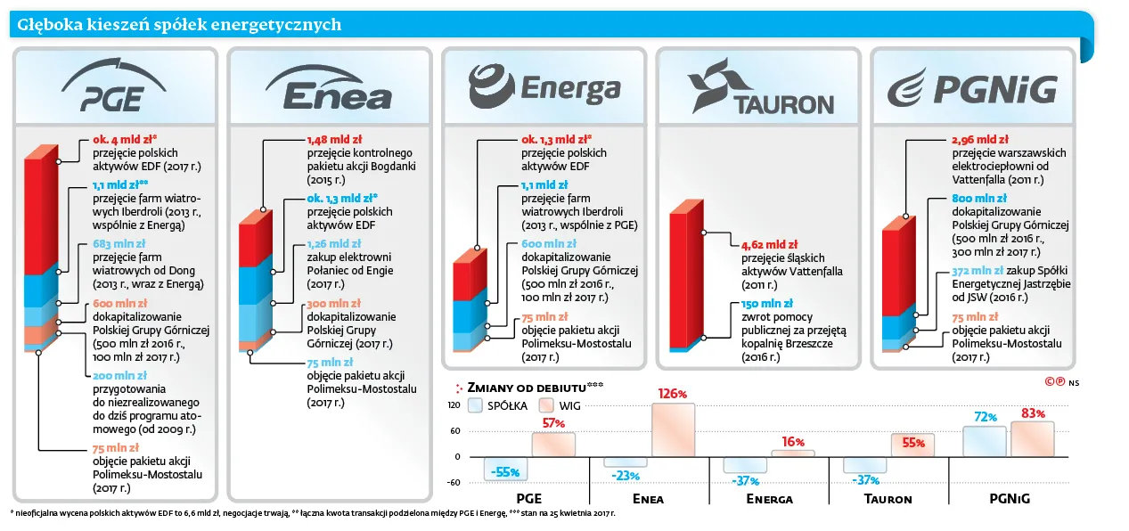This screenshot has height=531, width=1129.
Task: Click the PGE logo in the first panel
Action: tap(114, 86)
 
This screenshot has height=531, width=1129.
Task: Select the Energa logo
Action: tap(544, 86)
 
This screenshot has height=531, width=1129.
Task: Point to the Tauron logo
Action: tap(761, 86)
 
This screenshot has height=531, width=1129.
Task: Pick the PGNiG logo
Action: tap(972, 88)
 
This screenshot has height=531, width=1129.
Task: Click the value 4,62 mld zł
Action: tap(769, 245)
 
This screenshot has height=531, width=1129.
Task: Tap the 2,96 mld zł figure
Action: tap(980, 140)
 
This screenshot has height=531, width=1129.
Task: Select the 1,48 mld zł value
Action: tap(335, 140)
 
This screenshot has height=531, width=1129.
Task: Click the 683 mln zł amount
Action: tap(119, 244)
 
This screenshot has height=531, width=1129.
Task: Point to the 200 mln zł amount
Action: tap(119, 376)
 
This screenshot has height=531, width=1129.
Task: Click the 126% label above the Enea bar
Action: tap(673, 394)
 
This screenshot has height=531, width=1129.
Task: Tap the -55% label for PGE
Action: tap(505, 472)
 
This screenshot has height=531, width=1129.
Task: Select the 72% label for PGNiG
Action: tap(986, 417)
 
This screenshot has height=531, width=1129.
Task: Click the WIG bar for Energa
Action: tap(793, 453)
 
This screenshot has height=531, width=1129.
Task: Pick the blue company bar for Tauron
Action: tap(865, 464)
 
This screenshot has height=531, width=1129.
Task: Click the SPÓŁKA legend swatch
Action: tap(475, 405)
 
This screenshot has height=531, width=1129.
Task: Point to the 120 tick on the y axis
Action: tap(454, 405)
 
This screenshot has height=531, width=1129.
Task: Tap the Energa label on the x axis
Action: tap(769, 499)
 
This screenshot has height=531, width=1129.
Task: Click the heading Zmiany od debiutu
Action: tap(527, 388)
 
